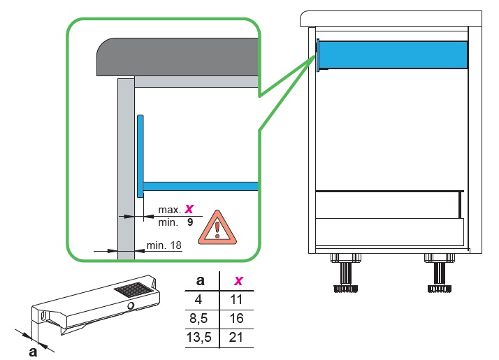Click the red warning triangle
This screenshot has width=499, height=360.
217,228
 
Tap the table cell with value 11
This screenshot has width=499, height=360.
236,299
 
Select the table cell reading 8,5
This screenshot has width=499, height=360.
198,318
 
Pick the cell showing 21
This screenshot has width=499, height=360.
236,338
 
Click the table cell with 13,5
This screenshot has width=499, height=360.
199,338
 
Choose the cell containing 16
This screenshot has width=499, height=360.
236,318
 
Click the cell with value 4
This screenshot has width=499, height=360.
198,299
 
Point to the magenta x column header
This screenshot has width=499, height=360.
238,280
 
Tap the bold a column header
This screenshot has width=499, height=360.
200,280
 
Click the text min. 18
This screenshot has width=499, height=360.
164,245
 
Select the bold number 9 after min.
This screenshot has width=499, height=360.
190,222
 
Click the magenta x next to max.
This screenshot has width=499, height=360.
189,209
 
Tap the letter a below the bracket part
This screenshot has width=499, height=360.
33,352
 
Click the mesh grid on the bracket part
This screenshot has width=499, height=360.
133,289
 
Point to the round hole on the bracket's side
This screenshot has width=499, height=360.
131,306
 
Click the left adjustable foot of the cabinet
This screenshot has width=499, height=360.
346,273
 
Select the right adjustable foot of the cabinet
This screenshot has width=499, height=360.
440,273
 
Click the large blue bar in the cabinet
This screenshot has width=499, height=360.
393,55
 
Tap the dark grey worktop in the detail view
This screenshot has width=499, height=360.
178,57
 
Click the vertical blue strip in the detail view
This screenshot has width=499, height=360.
140,157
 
